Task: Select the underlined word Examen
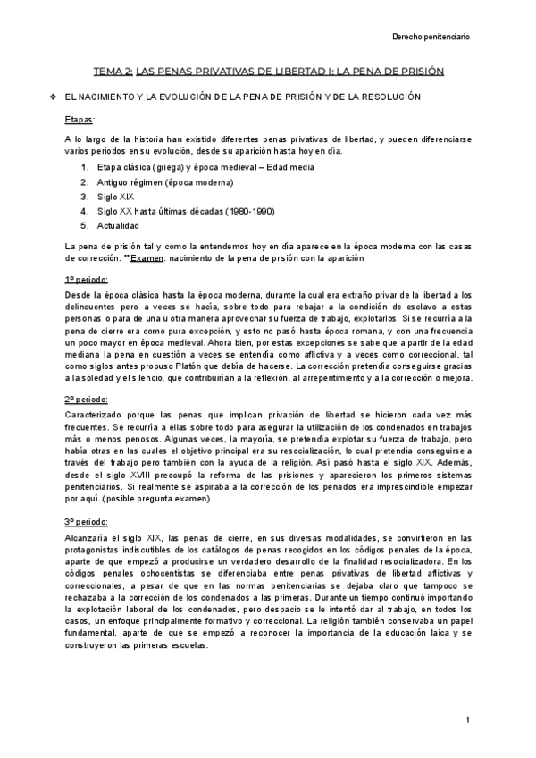144,257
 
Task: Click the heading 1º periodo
87,280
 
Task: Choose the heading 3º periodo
87,521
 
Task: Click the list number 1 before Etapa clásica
84,167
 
